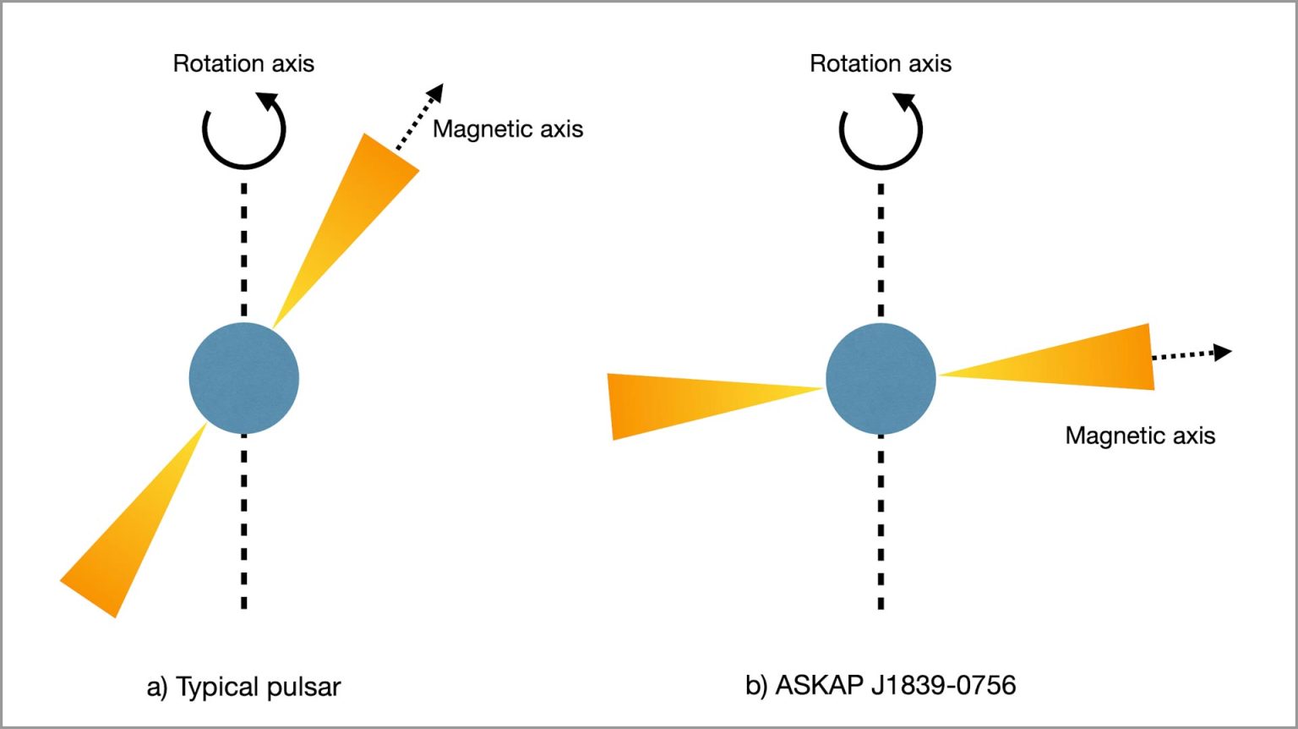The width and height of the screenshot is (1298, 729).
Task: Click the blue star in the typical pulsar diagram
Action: [x=243, y=378]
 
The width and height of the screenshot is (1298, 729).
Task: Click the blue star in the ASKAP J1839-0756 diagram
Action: [x=881, y=378]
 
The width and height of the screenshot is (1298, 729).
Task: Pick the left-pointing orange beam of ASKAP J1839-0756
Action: [x=676, y=403]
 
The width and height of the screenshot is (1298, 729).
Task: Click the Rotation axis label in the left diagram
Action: [x=243, y=63]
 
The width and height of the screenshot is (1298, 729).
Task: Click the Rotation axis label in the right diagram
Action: [x=881, y=63]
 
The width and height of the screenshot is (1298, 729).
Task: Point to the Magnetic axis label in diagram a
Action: [x=508, y=129]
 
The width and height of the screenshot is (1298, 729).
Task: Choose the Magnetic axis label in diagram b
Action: [x=1140, y=436]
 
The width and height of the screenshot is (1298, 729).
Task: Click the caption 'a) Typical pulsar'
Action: [x=243, y=687]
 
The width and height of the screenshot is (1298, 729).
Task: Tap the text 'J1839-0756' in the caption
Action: [x=943, y=684]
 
